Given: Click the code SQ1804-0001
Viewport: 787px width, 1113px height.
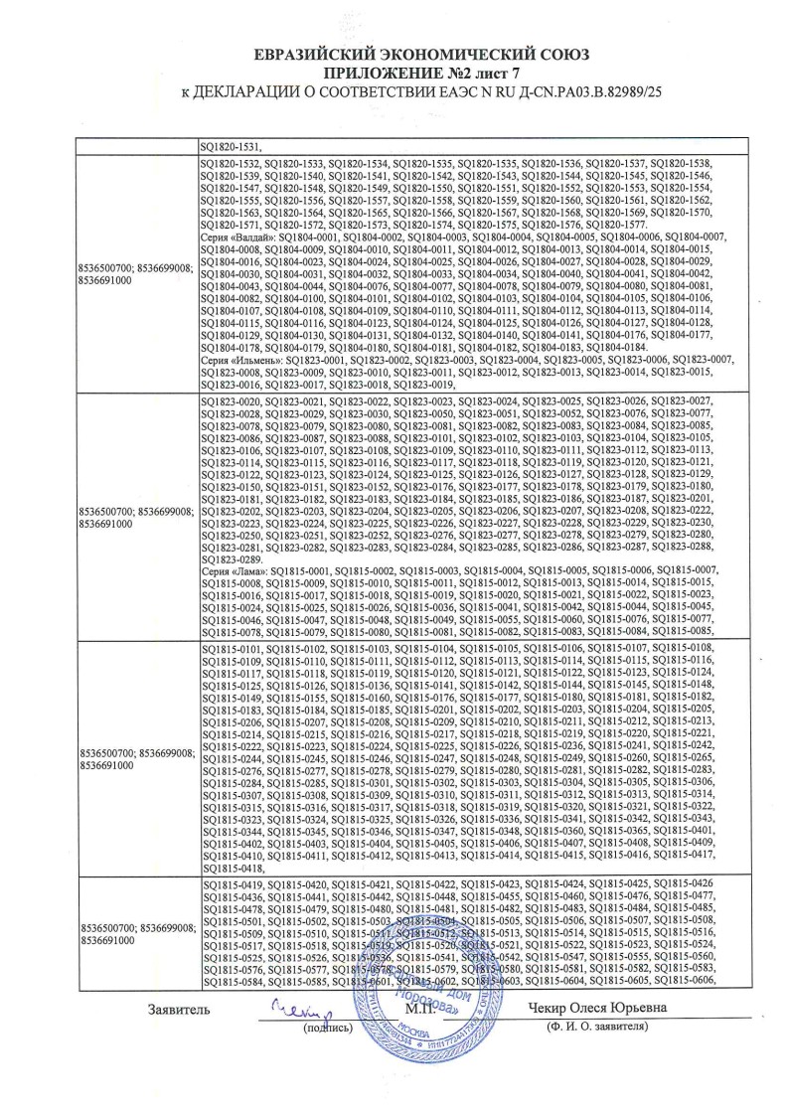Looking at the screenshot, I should (x=313, y=236).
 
